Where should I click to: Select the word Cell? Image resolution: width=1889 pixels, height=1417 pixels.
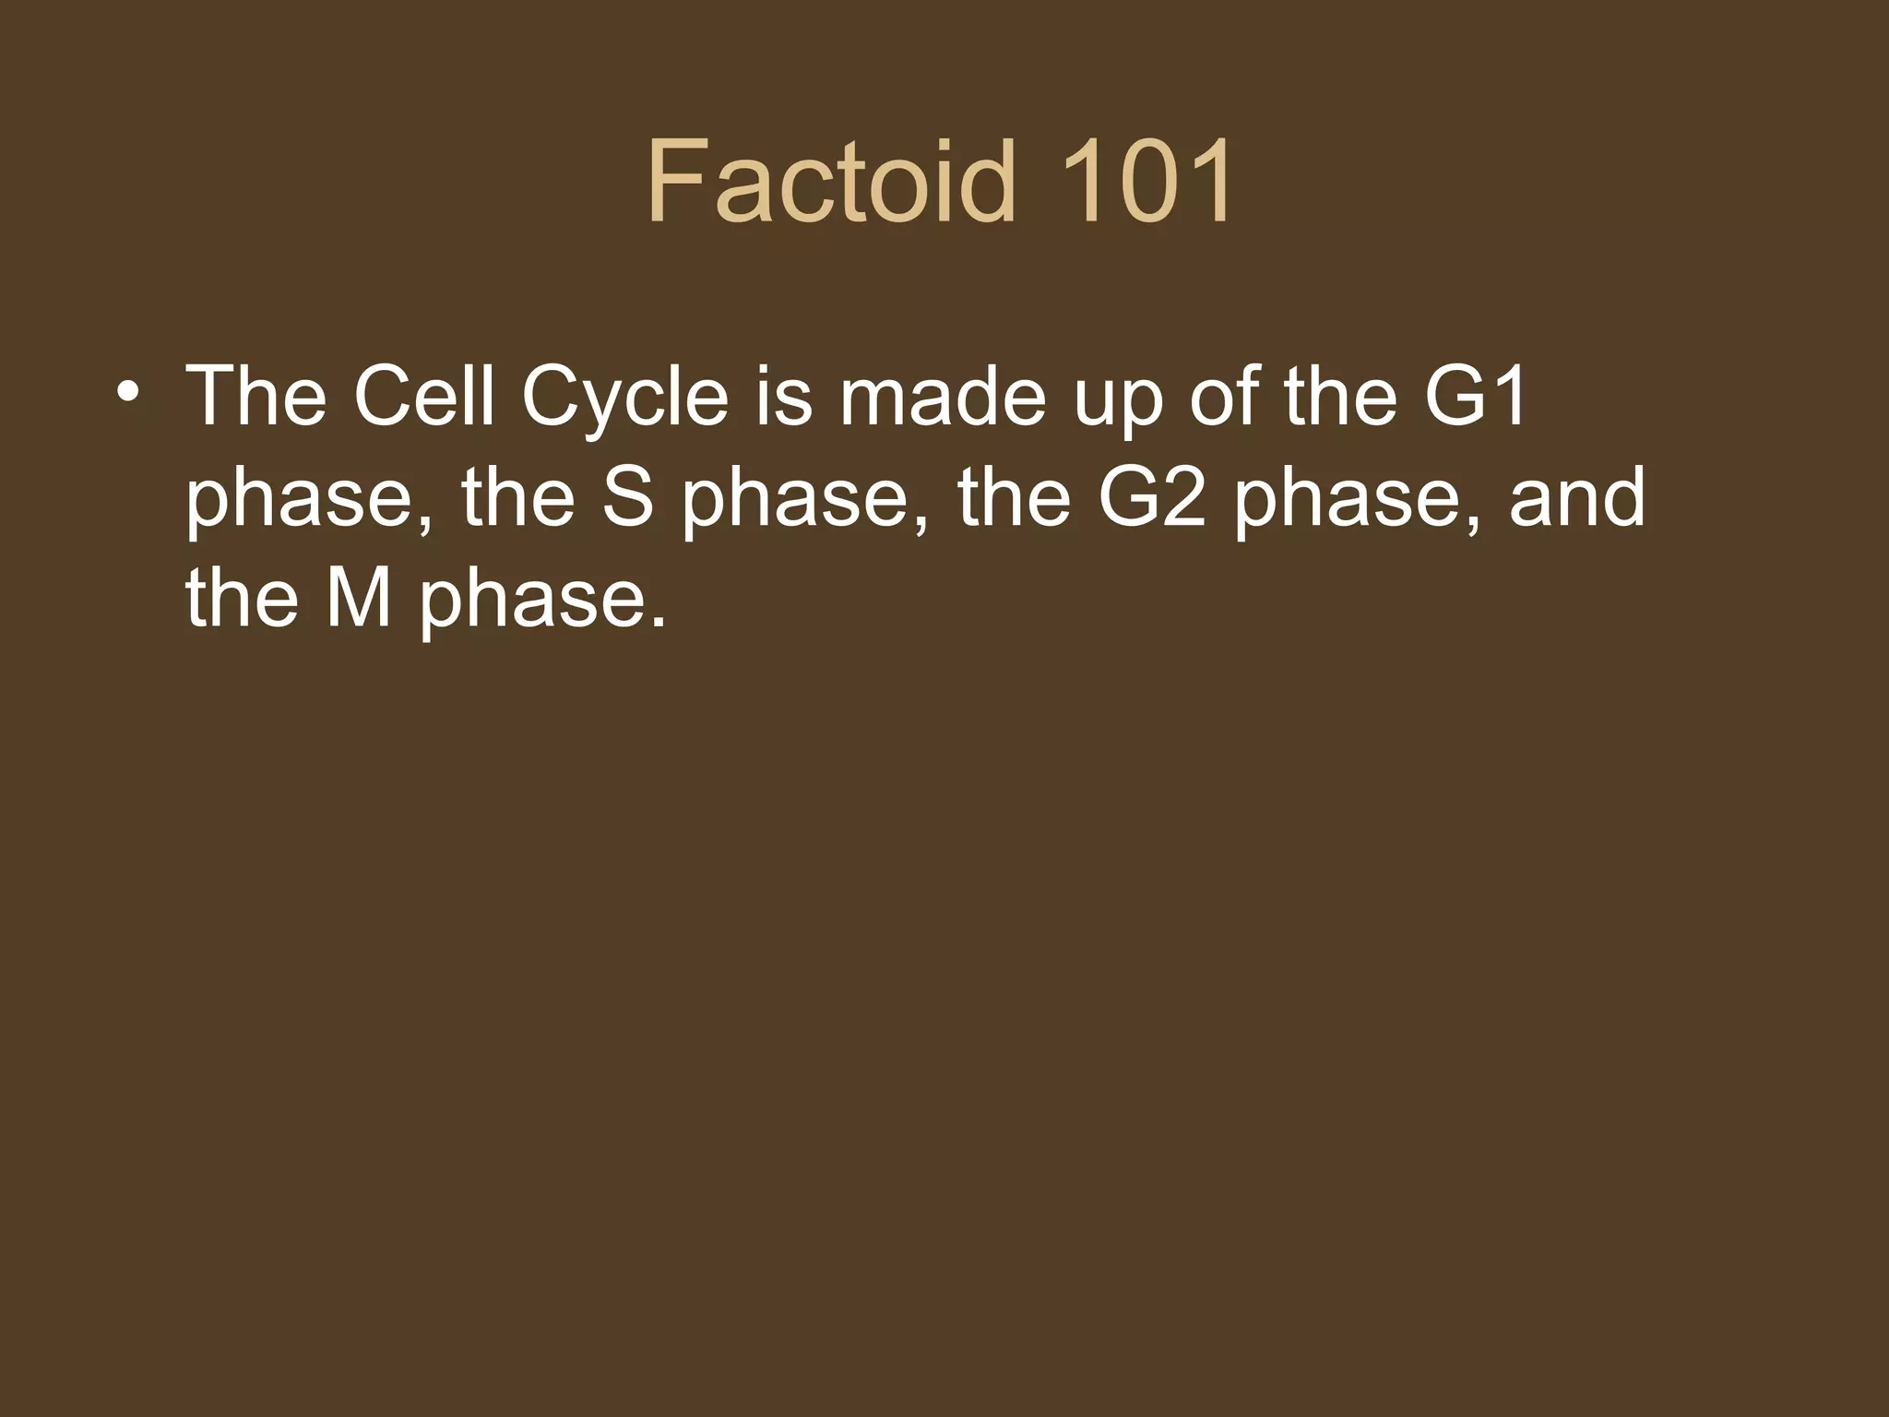tap(423, 397)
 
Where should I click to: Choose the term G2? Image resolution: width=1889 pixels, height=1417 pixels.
tap(1152, 498)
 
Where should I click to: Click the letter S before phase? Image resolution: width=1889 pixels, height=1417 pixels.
tap(627, 498)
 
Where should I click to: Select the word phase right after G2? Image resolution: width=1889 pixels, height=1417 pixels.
tap(1347, 503)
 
